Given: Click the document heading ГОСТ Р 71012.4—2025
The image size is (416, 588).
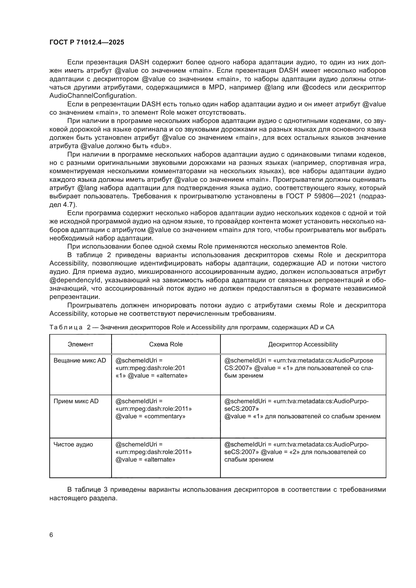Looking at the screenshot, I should (87, 42).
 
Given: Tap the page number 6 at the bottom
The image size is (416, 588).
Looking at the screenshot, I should (51, 535).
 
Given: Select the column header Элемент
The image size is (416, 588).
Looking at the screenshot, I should (80, 344).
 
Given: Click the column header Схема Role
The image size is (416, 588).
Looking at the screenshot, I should (166, 344).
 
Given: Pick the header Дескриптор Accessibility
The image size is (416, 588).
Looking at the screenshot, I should (303, 344).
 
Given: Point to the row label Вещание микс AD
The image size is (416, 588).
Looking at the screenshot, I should (80, 360).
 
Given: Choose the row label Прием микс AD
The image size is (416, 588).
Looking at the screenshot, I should (76, 401).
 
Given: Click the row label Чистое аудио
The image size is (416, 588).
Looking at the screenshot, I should (73, 444).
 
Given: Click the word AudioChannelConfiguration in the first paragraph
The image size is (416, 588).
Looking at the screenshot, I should (92, 96).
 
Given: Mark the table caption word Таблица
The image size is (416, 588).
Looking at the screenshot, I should (66, 327).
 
